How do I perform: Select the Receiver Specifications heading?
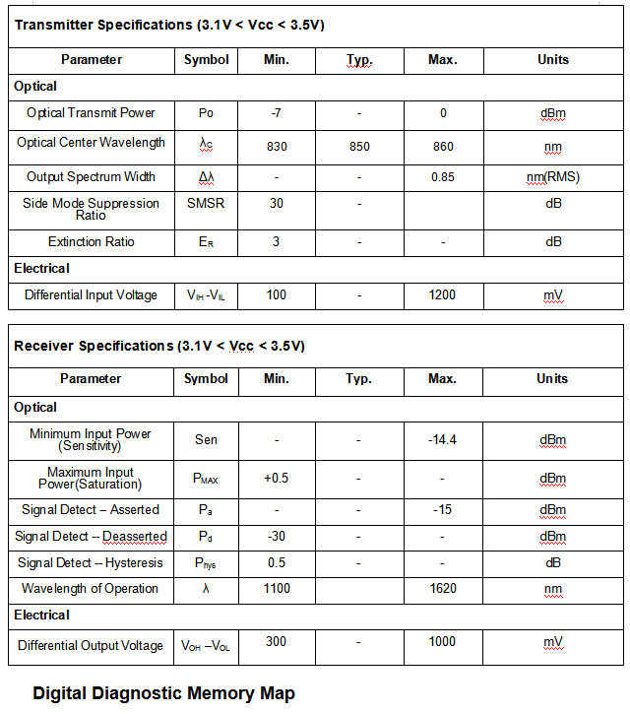pyautogui.click(x=159, y=346)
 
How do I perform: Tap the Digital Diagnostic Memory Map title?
pyautogui.click(x=163, y=693)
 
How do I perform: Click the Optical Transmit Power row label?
pyautogui.click(x=91, y=112)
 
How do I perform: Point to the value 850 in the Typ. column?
pyautogui.click(x=359, y=147)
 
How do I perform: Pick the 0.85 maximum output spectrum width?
pyautogui.click(x=443, y=177)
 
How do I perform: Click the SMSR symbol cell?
pyautogui.click(x=206, y=204)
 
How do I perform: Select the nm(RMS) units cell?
pyautogui.click(x=553, y=177)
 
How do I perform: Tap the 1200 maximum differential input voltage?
pyautogui.click(x=443, y=295)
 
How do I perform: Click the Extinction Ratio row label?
pyautogui.click(x=91, y=242)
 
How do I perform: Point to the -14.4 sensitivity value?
pyautogui.click(x=443, y=439)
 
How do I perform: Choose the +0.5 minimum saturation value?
pyautogui.click(x=277, y=479)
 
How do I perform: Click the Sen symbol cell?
pyautogui.click(x=206, y=439)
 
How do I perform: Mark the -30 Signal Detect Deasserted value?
pyautogui.click(x=277, y=537)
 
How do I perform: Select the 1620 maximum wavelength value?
pyautogui.click(x=443, y=589)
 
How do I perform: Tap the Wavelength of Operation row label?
pyautogui.click(x=91, y=589)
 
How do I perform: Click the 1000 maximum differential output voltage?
pyautogui.click(x=443, y=642)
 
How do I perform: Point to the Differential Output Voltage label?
pyautogui.click(x=91, y=646)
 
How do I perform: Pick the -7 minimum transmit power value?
pyautogui.click(x=277, y=113)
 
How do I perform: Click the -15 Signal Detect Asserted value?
pyautogui.click(x=443, y=510)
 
